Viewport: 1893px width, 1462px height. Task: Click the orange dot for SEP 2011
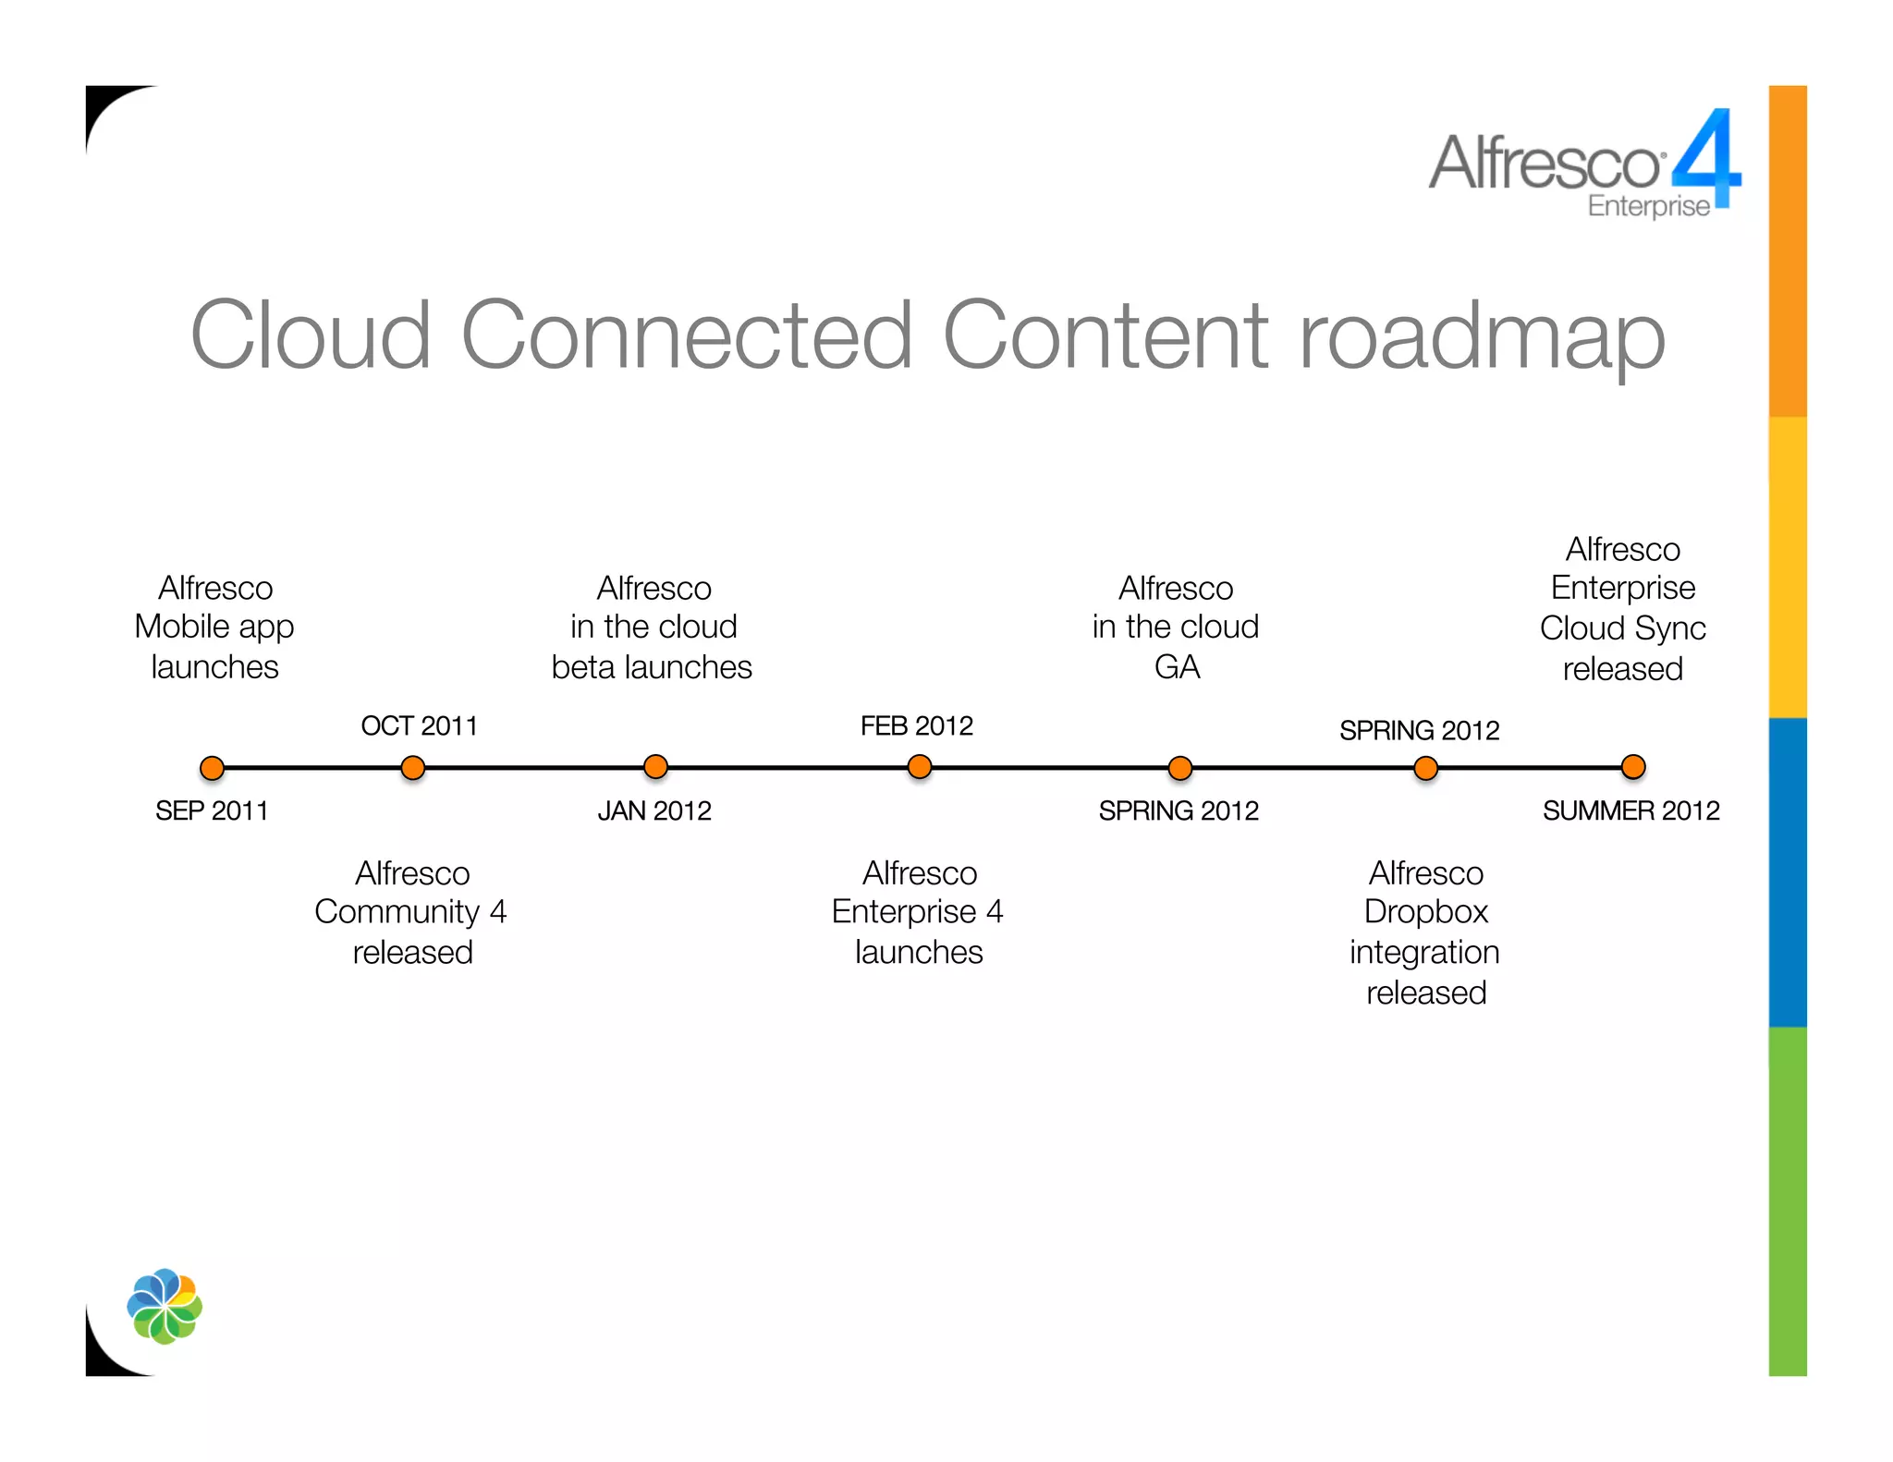(x=213, y=768)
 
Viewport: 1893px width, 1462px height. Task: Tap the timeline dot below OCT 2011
(x=413, y=768)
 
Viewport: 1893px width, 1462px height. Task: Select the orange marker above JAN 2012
(x=655, y=767)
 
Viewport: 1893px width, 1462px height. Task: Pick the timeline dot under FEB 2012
(x=920, y=767)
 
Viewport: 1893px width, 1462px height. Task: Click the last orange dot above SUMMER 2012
(x=1633, y=767)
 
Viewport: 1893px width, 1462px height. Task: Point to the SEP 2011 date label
(x=212, y=811)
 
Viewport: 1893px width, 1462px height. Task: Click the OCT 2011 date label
(x=419, y=726)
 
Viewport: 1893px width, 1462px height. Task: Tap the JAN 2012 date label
(x=654, y=811)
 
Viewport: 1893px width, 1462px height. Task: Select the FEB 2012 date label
(x=916, y=726)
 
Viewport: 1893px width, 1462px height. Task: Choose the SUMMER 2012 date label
(x=1630, y=811)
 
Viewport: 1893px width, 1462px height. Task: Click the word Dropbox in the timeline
(x=1425, y=912)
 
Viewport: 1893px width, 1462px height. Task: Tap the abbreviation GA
(x=1177, y=667)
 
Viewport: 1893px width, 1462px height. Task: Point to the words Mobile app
(x=214, y=627)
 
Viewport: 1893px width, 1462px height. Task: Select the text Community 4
(x=410, y=912)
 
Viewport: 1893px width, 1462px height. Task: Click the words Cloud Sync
(x=1622, y=628)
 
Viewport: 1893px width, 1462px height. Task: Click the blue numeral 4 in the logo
(x=1706, y=157)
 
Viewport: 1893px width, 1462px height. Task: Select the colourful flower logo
(x=165, y=1306)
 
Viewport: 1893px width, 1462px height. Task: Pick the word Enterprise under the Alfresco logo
(x=1648, y=206)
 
